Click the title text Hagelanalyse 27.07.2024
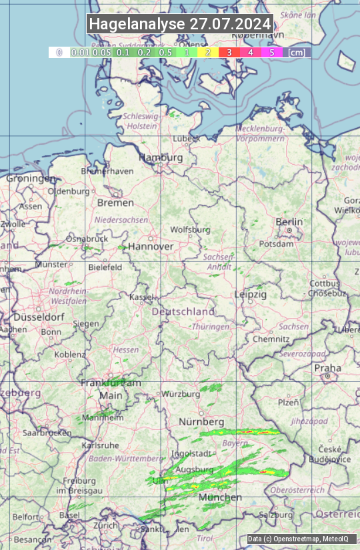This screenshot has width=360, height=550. click(180, 24)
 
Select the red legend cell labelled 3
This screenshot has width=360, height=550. click(229, 52)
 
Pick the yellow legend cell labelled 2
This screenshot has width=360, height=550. click(208, 52)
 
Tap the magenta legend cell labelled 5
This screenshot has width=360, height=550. click(271, 52)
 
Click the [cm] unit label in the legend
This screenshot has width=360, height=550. click(297, 52)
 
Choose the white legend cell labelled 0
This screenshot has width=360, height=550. click(59, 52)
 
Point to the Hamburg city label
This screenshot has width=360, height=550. click(161, 157)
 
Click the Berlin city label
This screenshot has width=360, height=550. click(289, 222)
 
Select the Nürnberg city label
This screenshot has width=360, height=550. click(201, 422)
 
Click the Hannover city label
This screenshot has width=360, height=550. click(151, 246)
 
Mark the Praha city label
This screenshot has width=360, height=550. click(327, 368)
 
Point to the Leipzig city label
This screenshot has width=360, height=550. click(251, 294)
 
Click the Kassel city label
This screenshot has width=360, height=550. click(142, 296)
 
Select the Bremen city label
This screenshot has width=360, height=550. click(115, 203)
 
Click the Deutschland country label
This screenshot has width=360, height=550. click(183, 311)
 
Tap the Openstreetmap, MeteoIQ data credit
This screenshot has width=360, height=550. click(298, 539)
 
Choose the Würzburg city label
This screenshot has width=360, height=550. click(181, 394)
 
